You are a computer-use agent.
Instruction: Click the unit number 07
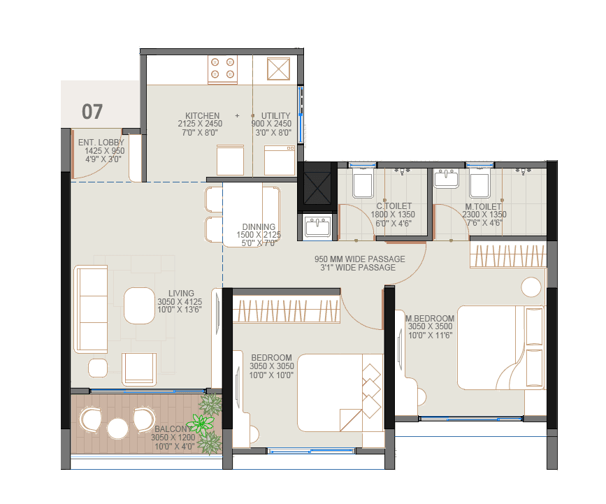tap(92, 111)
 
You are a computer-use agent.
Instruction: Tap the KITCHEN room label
tap(202, 116)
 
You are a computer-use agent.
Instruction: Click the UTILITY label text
tap(276, 116)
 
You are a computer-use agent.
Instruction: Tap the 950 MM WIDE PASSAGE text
tap(359, 259)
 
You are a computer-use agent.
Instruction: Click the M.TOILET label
tap(484, 206)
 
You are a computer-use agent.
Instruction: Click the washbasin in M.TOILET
tap(445, 178)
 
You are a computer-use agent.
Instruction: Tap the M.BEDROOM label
tap(431, 319)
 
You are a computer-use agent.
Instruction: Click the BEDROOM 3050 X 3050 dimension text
tap(271, 367)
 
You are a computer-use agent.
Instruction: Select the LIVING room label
tap(180, 294)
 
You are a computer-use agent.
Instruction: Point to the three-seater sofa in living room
tap(91, 310)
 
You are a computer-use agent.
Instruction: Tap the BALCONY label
tap(171, 429)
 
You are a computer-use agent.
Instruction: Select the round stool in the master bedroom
tap(531, 287)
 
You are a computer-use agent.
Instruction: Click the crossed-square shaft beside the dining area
tap(316, 186)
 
